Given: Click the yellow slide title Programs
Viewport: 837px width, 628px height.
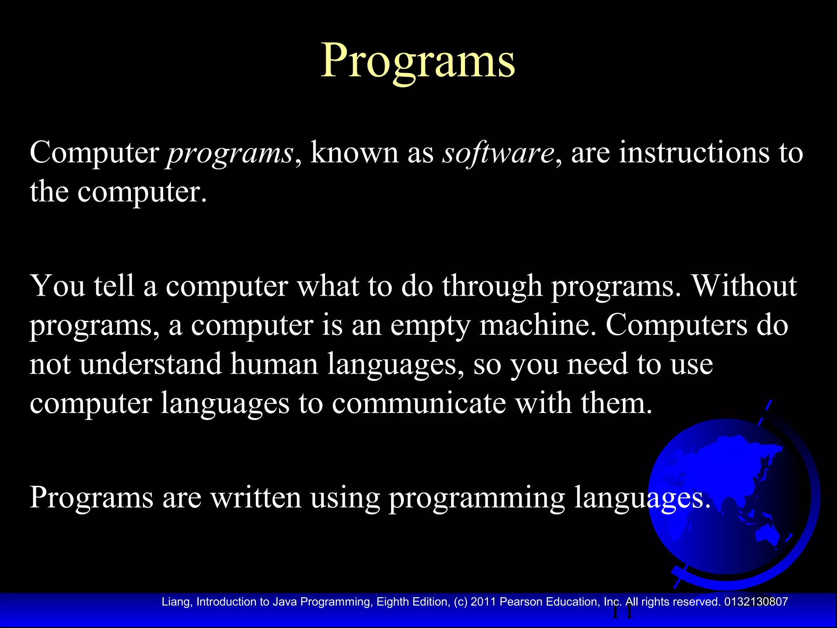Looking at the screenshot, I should click(418, 61).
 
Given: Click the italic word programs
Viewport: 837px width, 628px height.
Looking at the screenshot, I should click(230, 153).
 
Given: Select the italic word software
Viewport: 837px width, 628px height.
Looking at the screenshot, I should click(498, 153).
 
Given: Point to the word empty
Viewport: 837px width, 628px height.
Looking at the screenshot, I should click(430, 326).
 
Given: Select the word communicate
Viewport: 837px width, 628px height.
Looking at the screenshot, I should click(418, 403).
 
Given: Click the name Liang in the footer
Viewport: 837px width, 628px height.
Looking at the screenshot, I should click(176, 602).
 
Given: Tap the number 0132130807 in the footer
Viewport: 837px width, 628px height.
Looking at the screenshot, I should click(756, 602).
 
